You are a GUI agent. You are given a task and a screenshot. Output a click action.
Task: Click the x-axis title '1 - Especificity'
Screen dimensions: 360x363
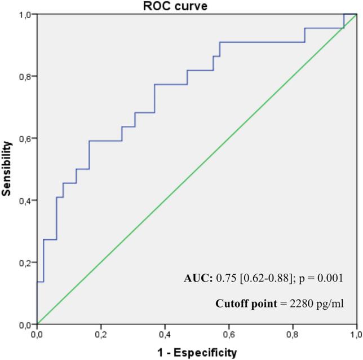(197, 353)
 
